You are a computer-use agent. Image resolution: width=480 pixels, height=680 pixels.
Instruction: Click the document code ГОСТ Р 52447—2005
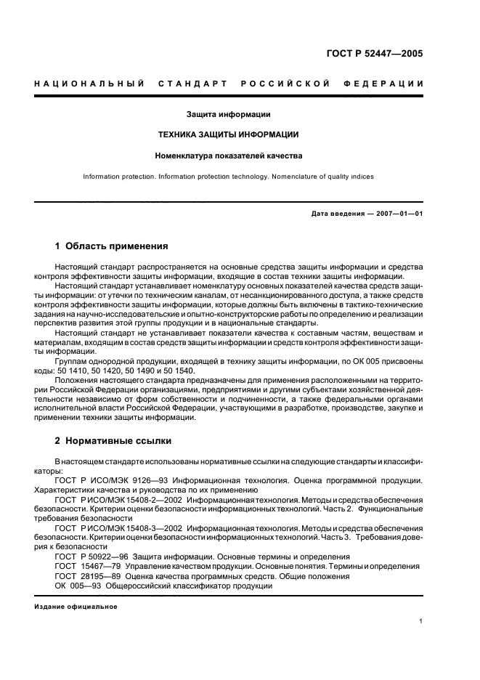point(373,54)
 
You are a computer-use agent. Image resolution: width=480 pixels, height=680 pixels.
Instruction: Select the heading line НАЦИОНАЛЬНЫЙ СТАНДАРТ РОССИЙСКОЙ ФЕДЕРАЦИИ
point(229,84)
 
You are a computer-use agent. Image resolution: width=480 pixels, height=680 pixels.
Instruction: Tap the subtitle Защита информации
point(229,114)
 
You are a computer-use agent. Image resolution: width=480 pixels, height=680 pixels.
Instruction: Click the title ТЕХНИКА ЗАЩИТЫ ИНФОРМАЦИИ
point(229,134)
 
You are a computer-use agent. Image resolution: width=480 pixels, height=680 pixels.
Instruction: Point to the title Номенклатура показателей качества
point(229,155)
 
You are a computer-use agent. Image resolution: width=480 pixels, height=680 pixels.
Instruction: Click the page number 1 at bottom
point(421,621)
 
